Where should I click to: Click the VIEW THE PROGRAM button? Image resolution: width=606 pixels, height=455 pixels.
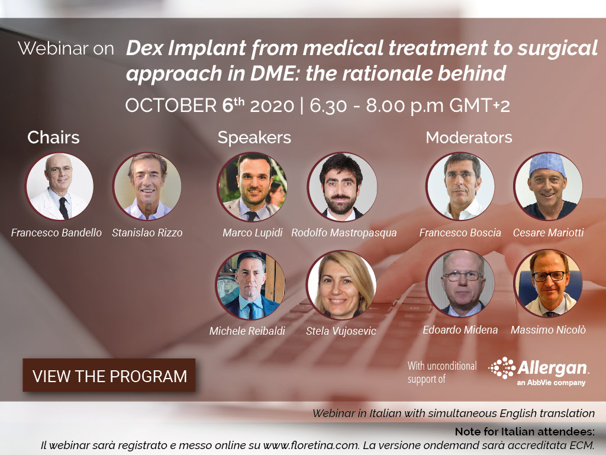(109, 375)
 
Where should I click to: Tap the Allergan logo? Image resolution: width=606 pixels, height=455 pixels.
(539, 371)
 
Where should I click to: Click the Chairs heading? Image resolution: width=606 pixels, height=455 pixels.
(53, 137)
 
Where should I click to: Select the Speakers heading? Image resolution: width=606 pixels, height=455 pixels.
(254, 137)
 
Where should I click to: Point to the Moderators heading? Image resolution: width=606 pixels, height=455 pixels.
(469, 137)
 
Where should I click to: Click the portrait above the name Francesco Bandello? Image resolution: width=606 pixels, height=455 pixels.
(59, 186)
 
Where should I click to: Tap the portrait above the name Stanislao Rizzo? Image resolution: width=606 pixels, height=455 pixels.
(147, 186)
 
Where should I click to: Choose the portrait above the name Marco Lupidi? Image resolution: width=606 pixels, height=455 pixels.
(252, 187)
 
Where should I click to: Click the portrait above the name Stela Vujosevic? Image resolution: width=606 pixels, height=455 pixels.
(341, 285)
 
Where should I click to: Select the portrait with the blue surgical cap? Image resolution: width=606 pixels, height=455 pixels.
(547, 186)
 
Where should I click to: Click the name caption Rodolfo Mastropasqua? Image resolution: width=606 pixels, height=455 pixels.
(344, 232)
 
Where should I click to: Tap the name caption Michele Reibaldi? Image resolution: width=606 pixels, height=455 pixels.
(247, 331)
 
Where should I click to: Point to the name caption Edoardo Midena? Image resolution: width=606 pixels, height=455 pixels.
(460, 329)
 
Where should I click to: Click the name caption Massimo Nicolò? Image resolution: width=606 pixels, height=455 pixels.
(548, 329)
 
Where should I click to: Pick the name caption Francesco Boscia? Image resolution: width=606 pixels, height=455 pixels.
(460, 232)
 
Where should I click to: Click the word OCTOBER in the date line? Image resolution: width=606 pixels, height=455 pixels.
(171, 105)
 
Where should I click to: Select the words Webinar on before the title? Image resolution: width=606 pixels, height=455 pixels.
(66, 49)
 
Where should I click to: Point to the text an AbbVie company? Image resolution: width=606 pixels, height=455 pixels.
(551, 383)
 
